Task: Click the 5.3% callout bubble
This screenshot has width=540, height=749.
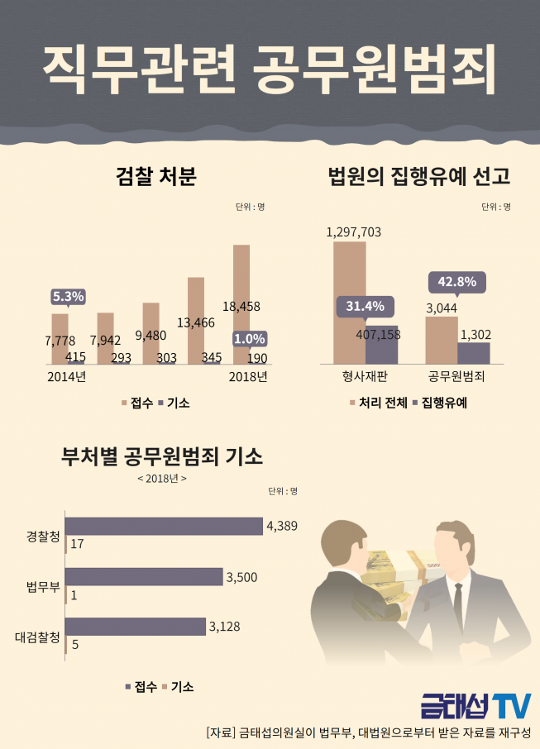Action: pyautogui.click(x=69, y=296)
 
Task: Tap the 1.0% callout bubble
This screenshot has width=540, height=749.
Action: pyautogui.click(x=249, y=339)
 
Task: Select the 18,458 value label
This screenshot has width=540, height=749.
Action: pyautogui.click(x=241, y=306)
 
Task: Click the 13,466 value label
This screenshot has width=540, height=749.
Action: pyautogui.click(x=196, y=322)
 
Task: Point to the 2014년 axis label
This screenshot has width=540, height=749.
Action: pyautogui.click(x=66, y=377)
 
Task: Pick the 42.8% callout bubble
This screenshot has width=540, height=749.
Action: pyautogui.click(x=456, y=282)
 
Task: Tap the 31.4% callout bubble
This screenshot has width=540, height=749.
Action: pyautogui.click(x=366, y=307)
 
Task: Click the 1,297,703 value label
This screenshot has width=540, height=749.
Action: pyautogui.click(x=354, y=232)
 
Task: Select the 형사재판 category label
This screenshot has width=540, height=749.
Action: pyautogui.click(x=365, y=377)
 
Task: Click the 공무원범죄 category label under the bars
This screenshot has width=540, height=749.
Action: pyautogui.click(x=456, y=377)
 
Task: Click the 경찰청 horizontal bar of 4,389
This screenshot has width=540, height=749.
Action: pyautogui.click(x=163, y=527)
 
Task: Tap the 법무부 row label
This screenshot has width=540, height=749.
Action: pyautogui.click(x=43, y=588)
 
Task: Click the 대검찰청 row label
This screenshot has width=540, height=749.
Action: pyautogui.click(x=37, y=637)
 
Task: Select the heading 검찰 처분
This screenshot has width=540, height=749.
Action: pyautogui.click(x=156, y=177)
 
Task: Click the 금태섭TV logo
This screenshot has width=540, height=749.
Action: pyautogui.click(x=474, y=706)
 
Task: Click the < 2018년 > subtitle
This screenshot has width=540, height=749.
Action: pyautogui.click(x=162, y=479)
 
